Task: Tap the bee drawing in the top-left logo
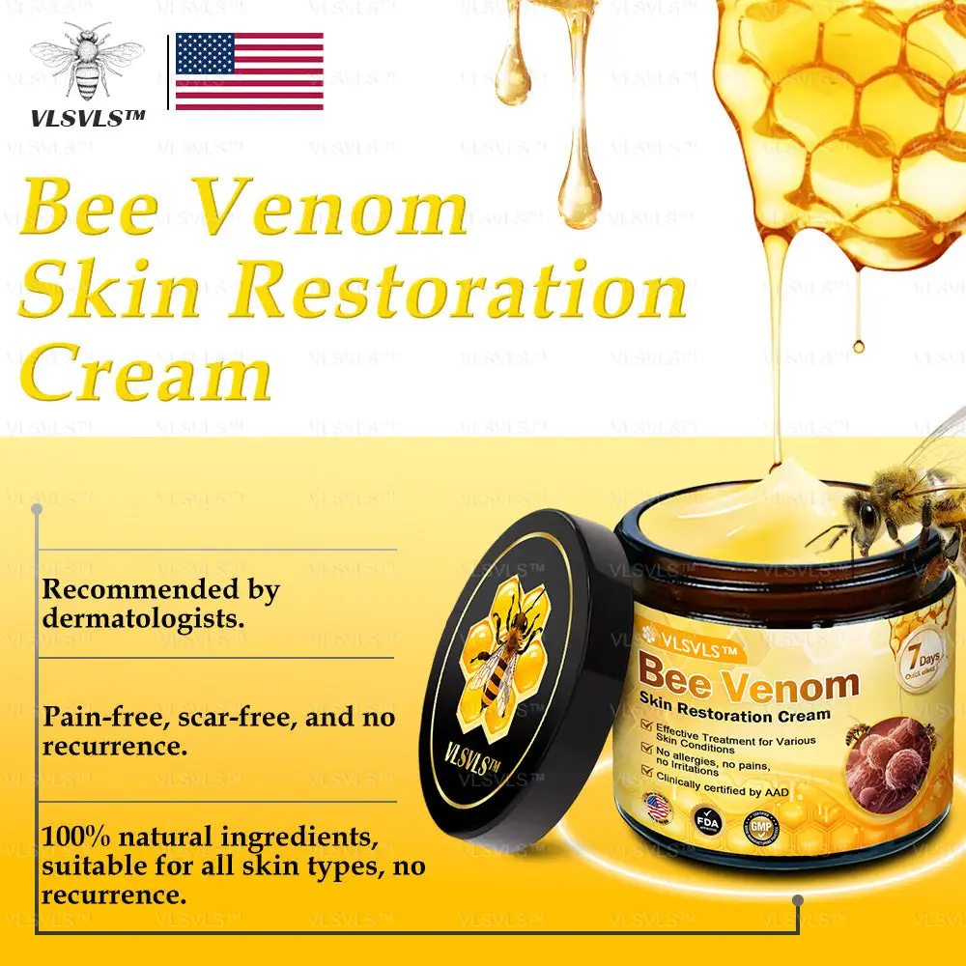(87, 63)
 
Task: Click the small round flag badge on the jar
(658, 807)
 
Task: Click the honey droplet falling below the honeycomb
(857, 344)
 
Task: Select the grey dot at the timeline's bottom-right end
(798, 901)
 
